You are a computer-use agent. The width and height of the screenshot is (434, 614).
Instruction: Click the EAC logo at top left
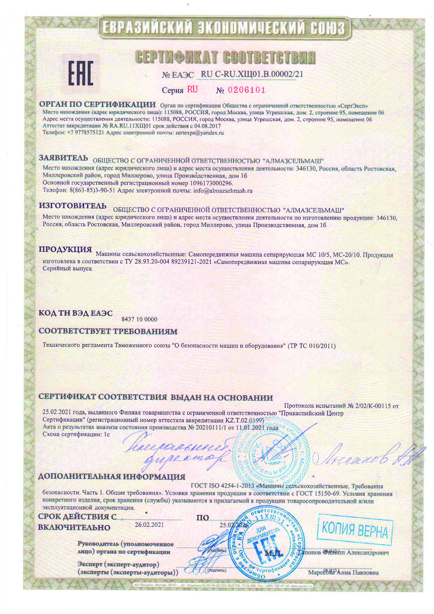[81, 73]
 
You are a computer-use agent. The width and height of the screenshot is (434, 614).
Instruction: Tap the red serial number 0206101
[246, 90]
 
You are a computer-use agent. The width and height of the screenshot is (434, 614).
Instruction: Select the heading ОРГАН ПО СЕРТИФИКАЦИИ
[97, 104]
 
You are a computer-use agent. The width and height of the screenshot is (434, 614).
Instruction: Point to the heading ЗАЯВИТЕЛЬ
[63, 158]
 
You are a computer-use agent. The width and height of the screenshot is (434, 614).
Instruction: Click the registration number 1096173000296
[211, 183]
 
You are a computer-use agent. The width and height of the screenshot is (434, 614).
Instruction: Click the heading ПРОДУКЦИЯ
[65, 250]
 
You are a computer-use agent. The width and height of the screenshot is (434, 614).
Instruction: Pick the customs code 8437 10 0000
[139, 319]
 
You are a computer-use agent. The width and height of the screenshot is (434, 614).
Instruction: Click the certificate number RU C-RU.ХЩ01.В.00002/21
[252, 74]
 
